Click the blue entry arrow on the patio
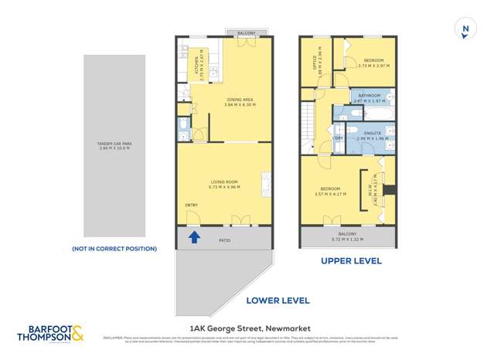click(193, 237)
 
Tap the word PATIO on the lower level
click(224, 240)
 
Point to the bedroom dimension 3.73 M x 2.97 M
click(373, 66)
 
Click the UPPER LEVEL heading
click(351, 261)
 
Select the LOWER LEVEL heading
click(278, 301)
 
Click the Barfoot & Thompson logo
click(52, 333)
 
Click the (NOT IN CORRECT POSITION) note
click(114, 249)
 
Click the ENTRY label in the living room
click(191, 205)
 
